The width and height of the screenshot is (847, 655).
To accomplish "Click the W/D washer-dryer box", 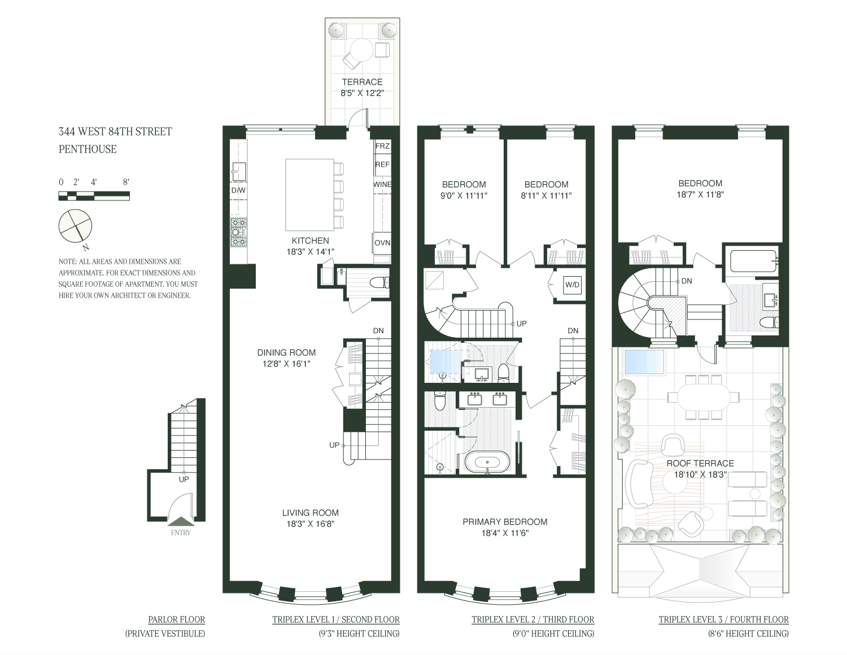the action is pyautogui.click(x=572, y=285).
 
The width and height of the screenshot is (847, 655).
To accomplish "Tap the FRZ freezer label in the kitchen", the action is pyautogui.click(x=382, y=146).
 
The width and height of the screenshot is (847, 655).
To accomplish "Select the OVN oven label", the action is pyautogui.click(x=382, y=243).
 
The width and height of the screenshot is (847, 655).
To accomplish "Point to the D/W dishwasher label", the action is pyautogui.click(x=238, y=190).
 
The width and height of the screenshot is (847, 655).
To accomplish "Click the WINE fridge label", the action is pyautogui.click(x=382, y=184).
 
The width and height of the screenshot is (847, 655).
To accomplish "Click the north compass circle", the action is pyautogui.click(x=75, y=226).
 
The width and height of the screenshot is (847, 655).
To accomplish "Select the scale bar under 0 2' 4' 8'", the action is pyautogui.click(x=94, y=196).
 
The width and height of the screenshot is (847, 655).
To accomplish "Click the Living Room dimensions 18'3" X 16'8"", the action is pyautogui.click(x=310, y=524).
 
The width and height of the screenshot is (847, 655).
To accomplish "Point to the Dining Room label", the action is pyautogui.click(x=286, y=353).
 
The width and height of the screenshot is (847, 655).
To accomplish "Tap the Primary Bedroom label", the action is pyautogui.click(x=505, y=522).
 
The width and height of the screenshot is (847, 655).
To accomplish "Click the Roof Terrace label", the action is pyautogui.click(x=700, y=463).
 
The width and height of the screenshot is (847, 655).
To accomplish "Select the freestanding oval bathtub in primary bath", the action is pyautogui.click(x=487, y=462).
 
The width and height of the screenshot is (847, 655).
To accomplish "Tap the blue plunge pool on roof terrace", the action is pyautogui.click(x=644, y=361).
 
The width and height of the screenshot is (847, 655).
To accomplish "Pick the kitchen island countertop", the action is pyautogui.click(x=309, y=195).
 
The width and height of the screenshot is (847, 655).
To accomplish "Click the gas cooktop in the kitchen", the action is pyautogui.click(x=238, y=232).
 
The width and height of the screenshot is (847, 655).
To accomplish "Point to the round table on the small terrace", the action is pyautogui.click(x=362, y=51).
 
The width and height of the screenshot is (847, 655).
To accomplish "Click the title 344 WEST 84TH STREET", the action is pyautogui.click(x=115, y=132).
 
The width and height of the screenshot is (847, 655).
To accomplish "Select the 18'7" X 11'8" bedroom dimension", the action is pyautogui.click(x=700, y=194).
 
